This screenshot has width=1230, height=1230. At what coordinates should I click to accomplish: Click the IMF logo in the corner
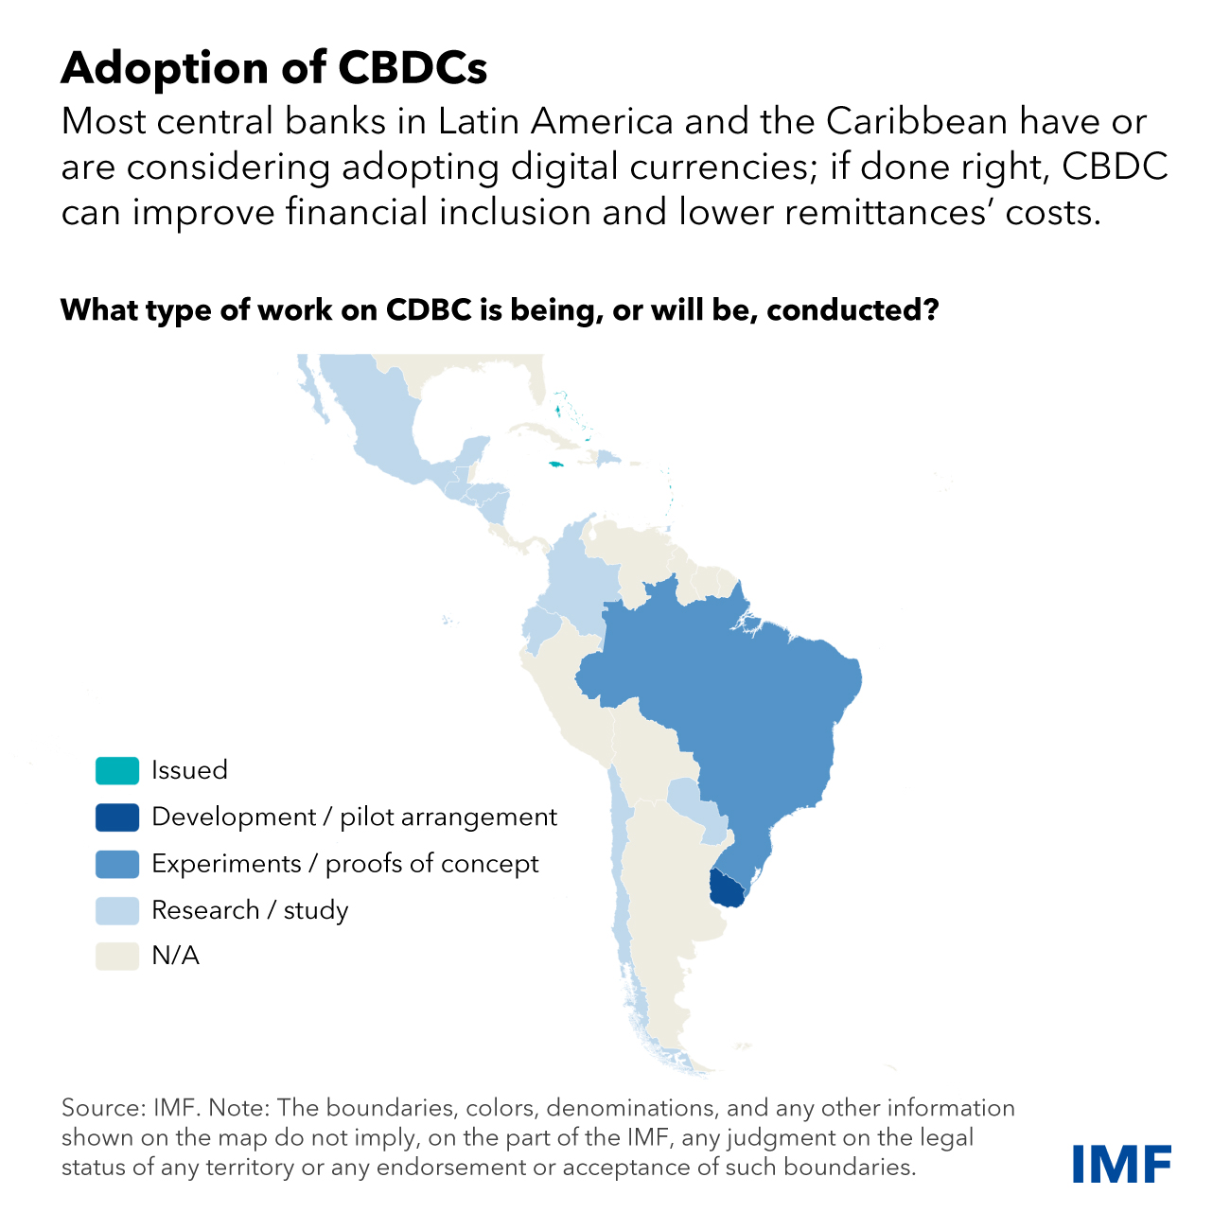click(x=1121, y=1163)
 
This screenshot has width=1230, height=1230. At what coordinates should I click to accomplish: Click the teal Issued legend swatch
click(x=116, y=771)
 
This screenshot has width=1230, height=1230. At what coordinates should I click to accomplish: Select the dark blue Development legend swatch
click(x=116, y=817)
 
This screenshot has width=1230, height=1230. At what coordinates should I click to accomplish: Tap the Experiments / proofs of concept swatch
click(x=116, y=864)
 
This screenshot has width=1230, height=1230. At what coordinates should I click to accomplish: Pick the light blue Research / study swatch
click(x=116, y=910)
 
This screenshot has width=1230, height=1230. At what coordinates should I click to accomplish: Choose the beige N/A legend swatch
click(x=116, y=957)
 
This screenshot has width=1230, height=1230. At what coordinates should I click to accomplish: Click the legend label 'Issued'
click(x=189, y=770)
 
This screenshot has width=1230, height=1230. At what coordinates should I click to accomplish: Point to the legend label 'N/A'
click(x=175, y=957)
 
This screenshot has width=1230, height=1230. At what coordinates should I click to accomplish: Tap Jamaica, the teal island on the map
click(x=556, y=464)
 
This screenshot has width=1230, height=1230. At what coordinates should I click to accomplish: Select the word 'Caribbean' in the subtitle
click(x=917, y=122)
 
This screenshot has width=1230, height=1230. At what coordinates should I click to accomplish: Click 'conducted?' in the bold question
click(x=852, y=310)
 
